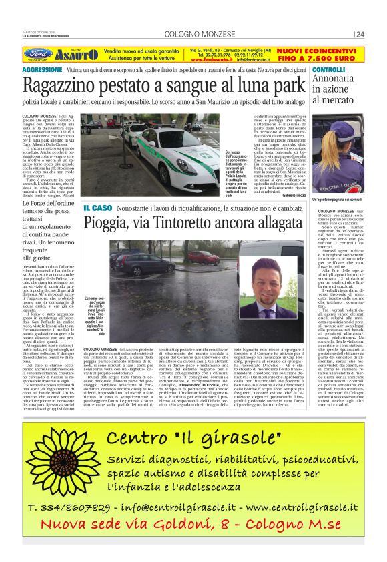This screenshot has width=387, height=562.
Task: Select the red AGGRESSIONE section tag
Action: pyautogui.click(x=42, y=69)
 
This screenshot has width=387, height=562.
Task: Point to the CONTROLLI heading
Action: pyautogui.click(x=328, y=69)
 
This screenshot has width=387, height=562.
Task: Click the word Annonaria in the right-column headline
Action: pyautogui.click(x=339, y=80)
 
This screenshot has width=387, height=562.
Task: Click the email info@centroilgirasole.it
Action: pyautogui.click(x=181, y=509)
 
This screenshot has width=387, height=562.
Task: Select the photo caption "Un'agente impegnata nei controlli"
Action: pyautogui.click(x=338, y=199)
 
